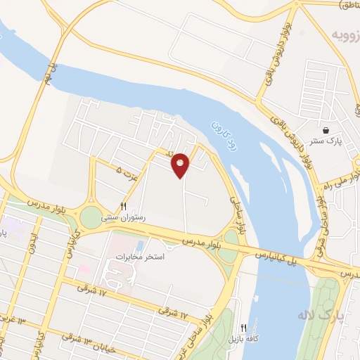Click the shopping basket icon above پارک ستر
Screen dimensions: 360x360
tap(326, 130)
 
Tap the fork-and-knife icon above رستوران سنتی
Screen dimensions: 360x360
tap(123, 207)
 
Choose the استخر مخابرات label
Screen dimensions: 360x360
tap(144, 257)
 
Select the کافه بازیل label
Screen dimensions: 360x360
tap(243, 339)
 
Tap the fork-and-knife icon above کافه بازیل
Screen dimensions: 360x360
tap(243, 328)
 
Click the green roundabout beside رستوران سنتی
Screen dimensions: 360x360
tap(91, 217)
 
